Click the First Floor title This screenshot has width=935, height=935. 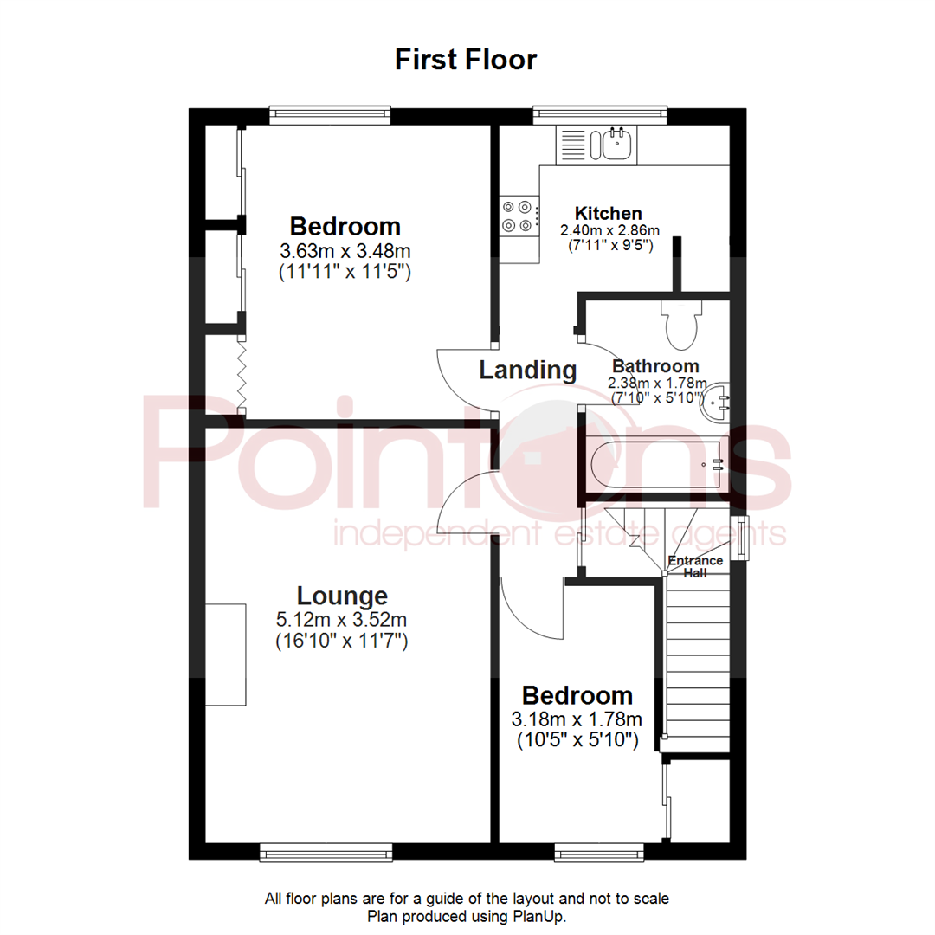click(466, 60)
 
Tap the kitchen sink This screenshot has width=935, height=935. click(616, 144)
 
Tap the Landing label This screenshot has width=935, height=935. click(528, 371)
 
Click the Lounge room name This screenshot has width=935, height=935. click(342, 596)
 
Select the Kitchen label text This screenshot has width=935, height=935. click(609, 213)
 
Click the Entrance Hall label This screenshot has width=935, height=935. click(695, 566)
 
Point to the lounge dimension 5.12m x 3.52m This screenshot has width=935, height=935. click(341, 620)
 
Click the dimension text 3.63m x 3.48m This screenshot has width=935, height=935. click(345, 251)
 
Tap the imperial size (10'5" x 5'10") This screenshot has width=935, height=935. click(577, 740)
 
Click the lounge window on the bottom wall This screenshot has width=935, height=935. click(326, 853)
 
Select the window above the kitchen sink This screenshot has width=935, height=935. click(600, 112)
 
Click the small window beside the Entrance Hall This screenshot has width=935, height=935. click(740, 538)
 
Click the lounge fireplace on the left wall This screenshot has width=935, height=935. click(225, 655)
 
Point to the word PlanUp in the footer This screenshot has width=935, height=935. click(542, 916)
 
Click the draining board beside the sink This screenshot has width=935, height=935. click(573, 144)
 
